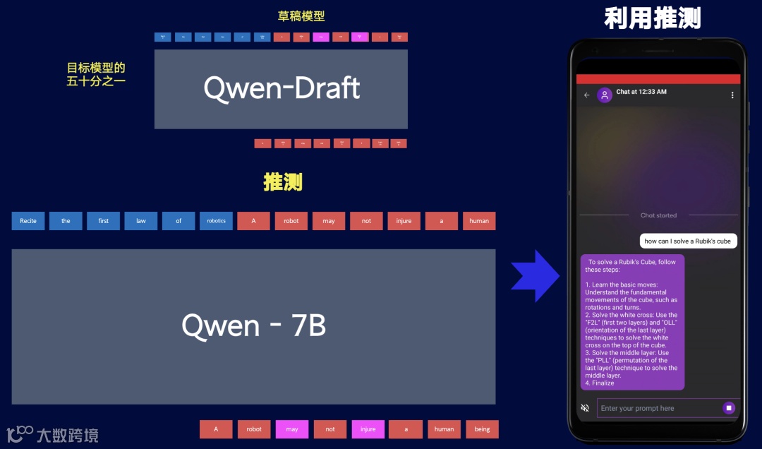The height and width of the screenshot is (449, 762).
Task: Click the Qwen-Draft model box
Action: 281,89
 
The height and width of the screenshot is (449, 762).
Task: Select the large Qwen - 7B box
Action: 253,326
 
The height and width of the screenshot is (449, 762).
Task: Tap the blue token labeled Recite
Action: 28,221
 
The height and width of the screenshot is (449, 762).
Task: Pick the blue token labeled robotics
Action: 216,221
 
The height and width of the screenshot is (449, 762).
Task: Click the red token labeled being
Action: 482,429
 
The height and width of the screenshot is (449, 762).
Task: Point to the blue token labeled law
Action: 141,221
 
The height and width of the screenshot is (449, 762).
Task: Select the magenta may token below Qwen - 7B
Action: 292,429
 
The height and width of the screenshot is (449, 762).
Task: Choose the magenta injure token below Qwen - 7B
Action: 368,429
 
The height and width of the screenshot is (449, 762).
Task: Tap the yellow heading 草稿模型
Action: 302,16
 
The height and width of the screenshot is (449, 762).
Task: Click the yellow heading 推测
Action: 283,182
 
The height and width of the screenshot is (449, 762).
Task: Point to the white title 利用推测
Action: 652,18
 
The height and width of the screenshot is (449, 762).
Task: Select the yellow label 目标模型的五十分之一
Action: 96,74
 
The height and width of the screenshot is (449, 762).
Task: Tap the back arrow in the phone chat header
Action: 587,95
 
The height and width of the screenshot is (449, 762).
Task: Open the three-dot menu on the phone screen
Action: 732,95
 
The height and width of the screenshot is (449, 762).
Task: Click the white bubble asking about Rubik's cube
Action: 688,241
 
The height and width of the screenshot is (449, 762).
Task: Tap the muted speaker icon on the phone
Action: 585,408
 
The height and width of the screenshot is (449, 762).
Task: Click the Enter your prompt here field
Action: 656,408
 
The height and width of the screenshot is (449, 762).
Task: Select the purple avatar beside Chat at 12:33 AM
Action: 605,95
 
